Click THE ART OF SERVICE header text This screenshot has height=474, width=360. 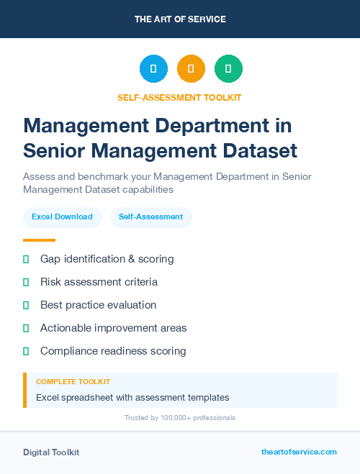tap(180, 19)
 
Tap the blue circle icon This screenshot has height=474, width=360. tap(153, 69)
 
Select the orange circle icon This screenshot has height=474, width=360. tap(191, 69)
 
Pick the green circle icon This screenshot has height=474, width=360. tap(228, 69)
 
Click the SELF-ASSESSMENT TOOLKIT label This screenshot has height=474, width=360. tap(180, 97)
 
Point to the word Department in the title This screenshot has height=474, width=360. tap(189, 125)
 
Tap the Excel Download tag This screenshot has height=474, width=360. tap(62, 217)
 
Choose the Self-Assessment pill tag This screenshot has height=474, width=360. tap(150, 217)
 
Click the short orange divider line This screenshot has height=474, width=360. tap(39, 240)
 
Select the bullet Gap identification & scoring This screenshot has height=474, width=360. tap(107, 259)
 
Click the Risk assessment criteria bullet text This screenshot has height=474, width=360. tap(99, 282)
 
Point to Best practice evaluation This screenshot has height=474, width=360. tap(98, 305)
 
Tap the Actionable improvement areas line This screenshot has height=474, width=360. tap(113, 328)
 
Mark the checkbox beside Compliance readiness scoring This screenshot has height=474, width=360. tap(26, 351)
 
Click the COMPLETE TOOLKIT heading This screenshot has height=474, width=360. tap(73, 382)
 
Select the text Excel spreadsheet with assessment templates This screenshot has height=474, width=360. tap(132, 397)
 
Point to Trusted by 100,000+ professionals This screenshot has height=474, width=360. tap(180, 418)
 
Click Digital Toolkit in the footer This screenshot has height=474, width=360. tap(51, 452)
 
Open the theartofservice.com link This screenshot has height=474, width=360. tap(299, 452)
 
